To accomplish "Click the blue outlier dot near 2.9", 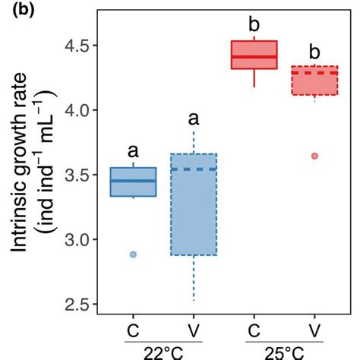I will point(133,254).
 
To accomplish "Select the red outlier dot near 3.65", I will point(314,156).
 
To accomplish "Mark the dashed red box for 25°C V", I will point(314,81).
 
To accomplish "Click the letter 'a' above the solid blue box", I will point(133,150).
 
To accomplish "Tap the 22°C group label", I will point(163,352).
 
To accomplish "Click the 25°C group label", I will point(284,352).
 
